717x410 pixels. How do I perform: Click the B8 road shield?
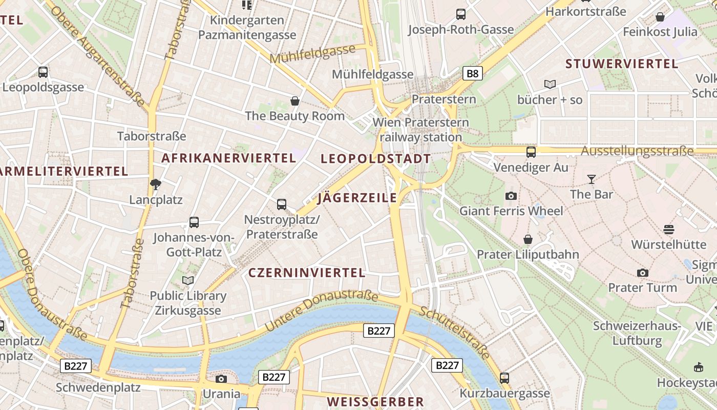(x=472, y=74)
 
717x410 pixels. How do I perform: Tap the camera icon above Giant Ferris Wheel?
(x=511, y=196)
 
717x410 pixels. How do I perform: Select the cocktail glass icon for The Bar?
(x=592, y=179)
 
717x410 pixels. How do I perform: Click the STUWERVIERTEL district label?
(x=622, y=64)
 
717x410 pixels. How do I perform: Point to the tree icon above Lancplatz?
(x=156, y=184)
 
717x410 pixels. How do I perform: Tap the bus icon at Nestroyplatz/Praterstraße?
(x=281, y=204)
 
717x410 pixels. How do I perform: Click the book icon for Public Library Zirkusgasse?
(x=188, y=280)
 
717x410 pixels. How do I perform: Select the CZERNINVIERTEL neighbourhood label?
(x=307, y=273)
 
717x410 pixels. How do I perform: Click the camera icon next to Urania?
(x=221, y=379)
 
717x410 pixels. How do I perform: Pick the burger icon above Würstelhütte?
(x=668, y=229)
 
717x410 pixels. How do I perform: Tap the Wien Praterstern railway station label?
(x=420, y=130)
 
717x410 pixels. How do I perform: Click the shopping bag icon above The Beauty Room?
(x=294, y=101)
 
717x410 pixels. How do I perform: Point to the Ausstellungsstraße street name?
(x=637, y=151)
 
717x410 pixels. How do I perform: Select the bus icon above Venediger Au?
(x=531, y=152)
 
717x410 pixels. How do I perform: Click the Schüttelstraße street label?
(x=454, y=333)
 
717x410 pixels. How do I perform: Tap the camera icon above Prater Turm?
(x=642, y=273)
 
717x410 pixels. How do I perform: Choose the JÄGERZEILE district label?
(x=357, y=198)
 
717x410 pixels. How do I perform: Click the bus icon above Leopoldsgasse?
(x=43, y=72)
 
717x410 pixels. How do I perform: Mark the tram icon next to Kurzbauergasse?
(x=504, y=378)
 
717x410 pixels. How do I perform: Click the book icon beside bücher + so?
(x=550, y=84)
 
